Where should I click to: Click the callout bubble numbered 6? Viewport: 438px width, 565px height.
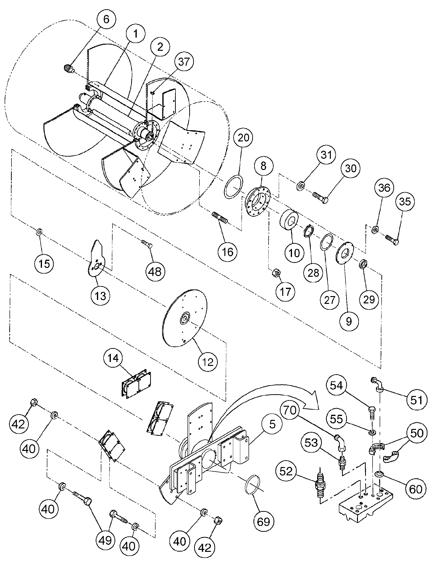click(x=106, y=20)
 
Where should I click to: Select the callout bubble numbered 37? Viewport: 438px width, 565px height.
click(x=184, y=62)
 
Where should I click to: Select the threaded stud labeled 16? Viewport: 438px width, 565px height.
click(x=220, y=216)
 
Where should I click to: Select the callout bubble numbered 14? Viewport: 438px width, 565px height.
click(x=113, y=358)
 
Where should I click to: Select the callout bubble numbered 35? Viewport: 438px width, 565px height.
click(x=405, y=201)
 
